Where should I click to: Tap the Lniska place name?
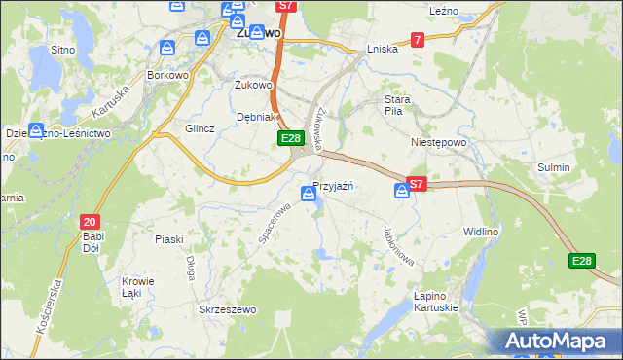click(383, 49)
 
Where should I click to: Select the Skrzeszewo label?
click(227, 309)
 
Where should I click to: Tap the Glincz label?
click(200, 128)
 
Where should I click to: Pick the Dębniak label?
click(256, 117)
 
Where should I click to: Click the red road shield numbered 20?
click(89, 221)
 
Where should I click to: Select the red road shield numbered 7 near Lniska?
click(417, 40)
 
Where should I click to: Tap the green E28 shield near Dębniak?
click(290, 139)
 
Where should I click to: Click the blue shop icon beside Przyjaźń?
click(309, 194)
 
